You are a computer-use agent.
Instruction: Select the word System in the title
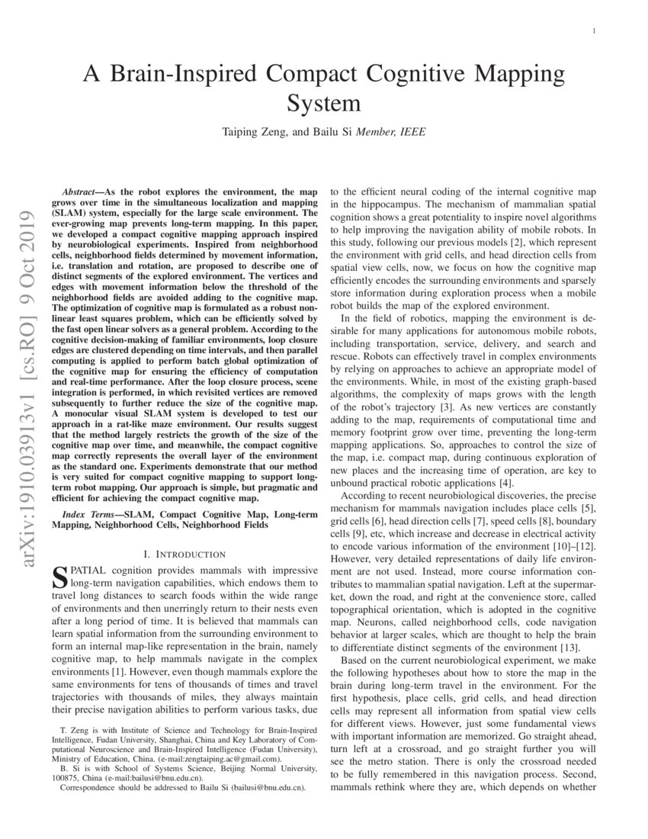(323, 102)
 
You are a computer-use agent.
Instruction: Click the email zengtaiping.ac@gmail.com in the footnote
(231, 760)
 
